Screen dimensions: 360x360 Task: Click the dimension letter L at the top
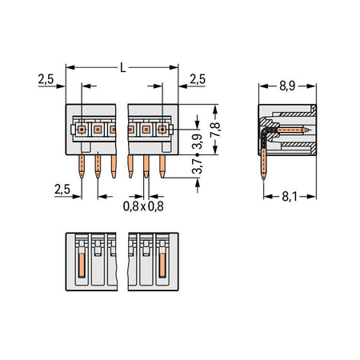122,68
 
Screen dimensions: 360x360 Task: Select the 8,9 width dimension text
287,86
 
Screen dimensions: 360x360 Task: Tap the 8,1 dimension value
290,197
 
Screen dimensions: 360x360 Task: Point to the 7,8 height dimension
215,130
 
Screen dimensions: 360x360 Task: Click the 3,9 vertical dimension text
198,142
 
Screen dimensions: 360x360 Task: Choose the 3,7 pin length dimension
198,166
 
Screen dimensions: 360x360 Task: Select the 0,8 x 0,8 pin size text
143,206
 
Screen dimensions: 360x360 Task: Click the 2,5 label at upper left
46,79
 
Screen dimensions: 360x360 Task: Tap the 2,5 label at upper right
198,79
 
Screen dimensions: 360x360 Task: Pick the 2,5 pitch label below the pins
62,190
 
